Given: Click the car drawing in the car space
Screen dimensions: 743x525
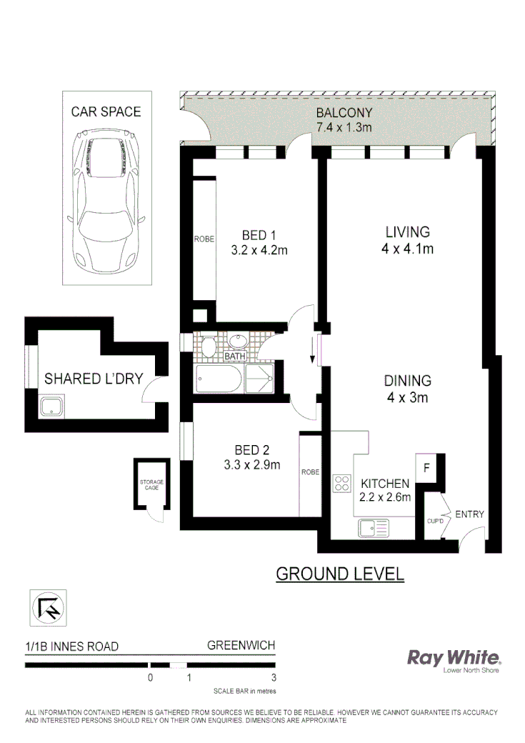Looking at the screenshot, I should click(106, 191).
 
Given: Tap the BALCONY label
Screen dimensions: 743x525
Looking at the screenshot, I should click(344, 113).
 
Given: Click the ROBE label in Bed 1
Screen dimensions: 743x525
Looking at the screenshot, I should click(204, 239).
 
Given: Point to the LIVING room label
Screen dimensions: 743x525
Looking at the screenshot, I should click(408, 232).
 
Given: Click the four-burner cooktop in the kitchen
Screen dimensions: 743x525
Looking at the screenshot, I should click(341, 483).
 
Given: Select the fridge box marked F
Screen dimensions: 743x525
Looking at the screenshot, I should click(427, 468).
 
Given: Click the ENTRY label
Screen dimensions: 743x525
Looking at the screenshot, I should click(469, 514).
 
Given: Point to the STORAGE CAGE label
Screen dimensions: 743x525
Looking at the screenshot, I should click(151, 485).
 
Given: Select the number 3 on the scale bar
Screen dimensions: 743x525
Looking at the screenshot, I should click(274, 677).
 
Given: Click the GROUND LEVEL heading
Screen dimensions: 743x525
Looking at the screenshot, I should click(340, 573).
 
